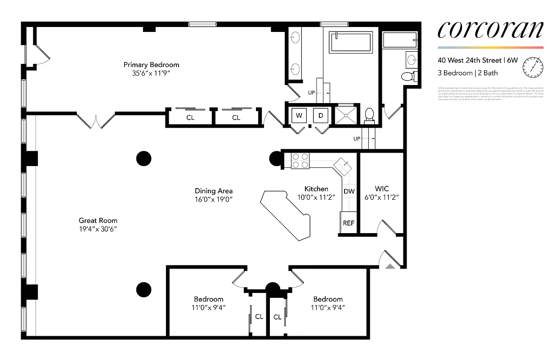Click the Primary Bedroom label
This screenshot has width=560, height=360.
[x=151, y=65]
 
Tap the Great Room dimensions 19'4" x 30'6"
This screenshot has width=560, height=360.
[x=98, y=229]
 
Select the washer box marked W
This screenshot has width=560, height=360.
[x=299, y=116]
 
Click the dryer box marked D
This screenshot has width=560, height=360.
[x=321, y=116]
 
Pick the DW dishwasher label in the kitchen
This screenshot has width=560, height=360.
[x=349, y=191]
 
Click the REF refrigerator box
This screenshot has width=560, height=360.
[x=349, y=223]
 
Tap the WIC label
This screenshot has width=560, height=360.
[x=381, y=189]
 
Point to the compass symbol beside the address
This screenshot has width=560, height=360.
[x=532, y=67]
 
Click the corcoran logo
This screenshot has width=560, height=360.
[x=490, y=30]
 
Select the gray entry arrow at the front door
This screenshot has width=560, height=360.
[x=390, y=266]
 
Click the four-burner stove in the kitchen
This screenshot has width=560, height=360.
[x=300, y=161]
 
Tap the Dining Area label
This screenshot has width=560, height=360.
[x=214, y=191]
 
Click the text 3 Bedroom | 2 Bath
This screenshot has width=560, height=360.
[x=468, y=73]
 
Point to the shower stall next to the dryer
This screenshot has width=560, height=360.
[x=345, y=115]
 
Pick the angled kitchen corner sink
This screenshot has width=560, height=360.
[x=344, y=166]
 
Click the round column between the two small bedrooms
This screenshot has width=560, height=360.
[x=273, y=288]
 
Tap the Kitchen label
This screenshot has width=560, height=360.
[x=316, y=189]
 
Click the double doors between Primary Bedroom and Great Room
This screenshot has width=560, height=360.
[x=96, y=120]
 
